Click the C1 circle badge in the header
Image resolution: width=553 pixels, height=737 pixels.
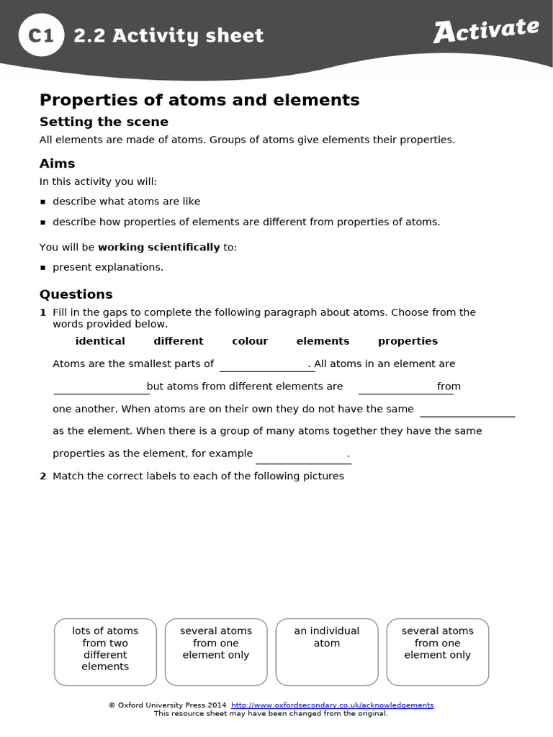[41, 35]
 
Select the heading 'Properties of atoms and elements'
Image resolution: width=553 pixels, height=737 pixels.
[199, 100]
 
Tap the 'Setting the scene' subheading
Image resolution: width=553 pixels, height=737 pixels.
[104, 122]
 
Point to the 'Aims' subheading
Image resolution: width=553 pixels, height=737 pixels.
[57, 163]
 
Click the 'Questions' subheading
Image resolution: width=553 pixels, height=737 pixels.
[76, 294]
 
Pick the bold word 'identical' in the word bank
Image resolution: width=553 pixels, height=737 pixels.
[100, 341]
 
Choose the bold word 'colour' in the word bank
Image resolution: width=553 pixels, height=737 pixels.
[250, 341]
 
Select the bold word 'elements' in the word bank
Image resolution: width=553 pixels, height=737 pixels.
[323, 341]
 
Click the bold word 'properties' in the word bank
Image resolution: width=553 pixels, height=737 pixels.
[408, 341]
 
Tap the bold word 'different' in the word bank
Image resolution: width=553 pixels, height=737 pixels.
[179, 341]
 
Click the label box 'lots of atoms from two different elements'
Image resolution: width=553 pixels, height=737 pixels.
[105, 651]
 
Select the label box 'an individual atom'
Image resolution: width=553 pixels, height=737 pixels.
[327, 651]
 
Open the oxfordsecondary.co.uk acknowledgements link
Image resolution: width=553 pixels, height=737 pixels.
[332, 705]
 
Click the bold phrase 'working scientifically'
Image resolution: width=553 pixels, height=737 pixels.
[158, 247]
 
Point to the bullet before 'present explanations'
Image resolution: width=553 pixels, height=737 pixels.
[43, 268]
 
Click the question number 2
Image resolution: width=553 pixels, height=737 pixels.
[43, 476]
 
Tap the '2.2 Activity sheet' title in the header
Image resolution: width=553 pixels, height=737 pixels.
[168, 35]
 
